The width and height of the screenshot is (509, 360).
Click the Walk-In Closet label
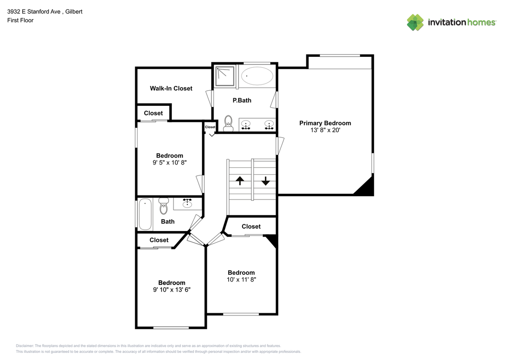[171, 88]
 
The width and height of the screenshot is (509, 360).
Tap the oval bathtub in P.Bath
[257, 76]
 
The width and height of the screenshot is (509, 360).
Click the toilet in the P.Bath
[228, 123]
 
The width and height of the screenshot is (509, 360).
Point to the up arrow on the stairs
[240, 181]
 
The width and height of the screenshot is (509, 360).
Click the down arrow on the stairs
[266, 181]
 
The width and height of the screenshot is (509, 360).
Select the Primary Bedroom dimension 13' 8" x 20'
[325, 130]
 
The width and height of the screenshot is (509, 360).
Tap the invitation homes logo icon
[415, 22]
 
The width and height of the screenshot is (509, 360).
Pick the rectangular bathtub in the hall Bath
[145, 214]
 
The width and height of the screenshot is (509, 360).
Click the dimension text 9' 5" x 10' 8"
[169, 162]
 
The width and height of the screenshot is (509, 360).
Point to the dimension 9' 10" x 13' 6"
[171, 290]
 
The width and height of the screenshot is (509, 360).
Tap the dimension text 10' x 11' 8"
[241, 279]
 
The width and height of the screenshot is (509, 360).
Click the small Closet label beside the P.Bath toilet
[210, 127]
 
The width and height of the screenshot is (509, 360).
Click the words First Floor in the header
[20, 20]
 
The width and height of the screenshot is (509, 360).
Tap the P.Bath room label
[242, 100]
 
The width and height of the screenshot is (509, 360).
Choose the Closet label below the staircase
[251, 226]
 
